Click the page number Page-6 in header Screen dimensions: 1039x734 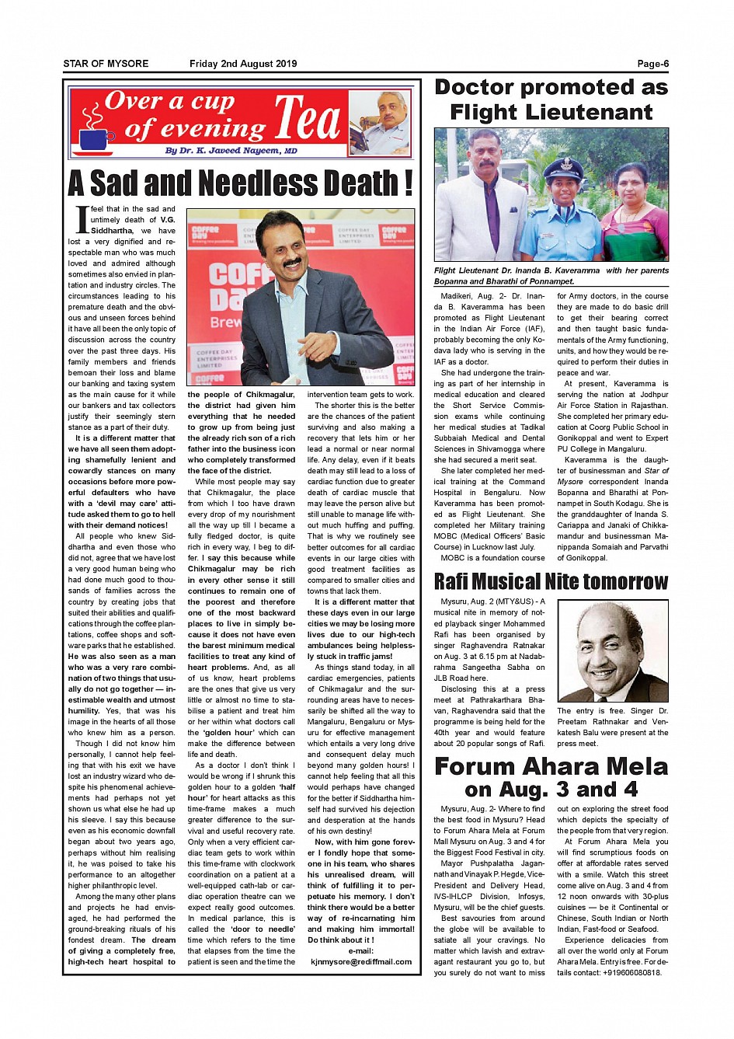point(652,64)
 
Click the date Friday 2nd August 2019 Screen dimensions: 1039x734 point(243,64)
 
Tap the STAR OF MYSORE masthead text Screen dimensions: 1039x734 point(106,64)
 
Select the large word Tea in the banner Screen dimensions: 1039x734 point(308,120)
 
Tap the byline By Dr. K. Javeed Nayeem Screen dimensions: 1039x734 point(231,151)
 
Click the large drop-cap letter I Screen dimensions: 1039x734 point(82,220)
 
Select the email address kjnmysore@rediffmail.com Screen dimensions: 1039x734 point(361,961)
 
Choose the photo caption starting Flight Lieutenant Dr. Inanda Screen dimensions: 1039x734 point(551,276)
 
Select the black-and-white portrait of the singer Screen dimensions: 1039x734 point(613,651)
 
